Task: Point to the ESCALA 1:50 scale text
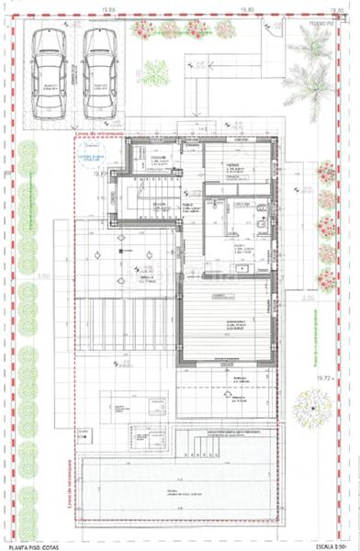click(x=329, y=545)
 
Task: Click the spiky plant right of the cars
click(x=156, y=71)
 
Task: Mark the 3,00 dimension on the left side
click(x=42, y=275)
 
